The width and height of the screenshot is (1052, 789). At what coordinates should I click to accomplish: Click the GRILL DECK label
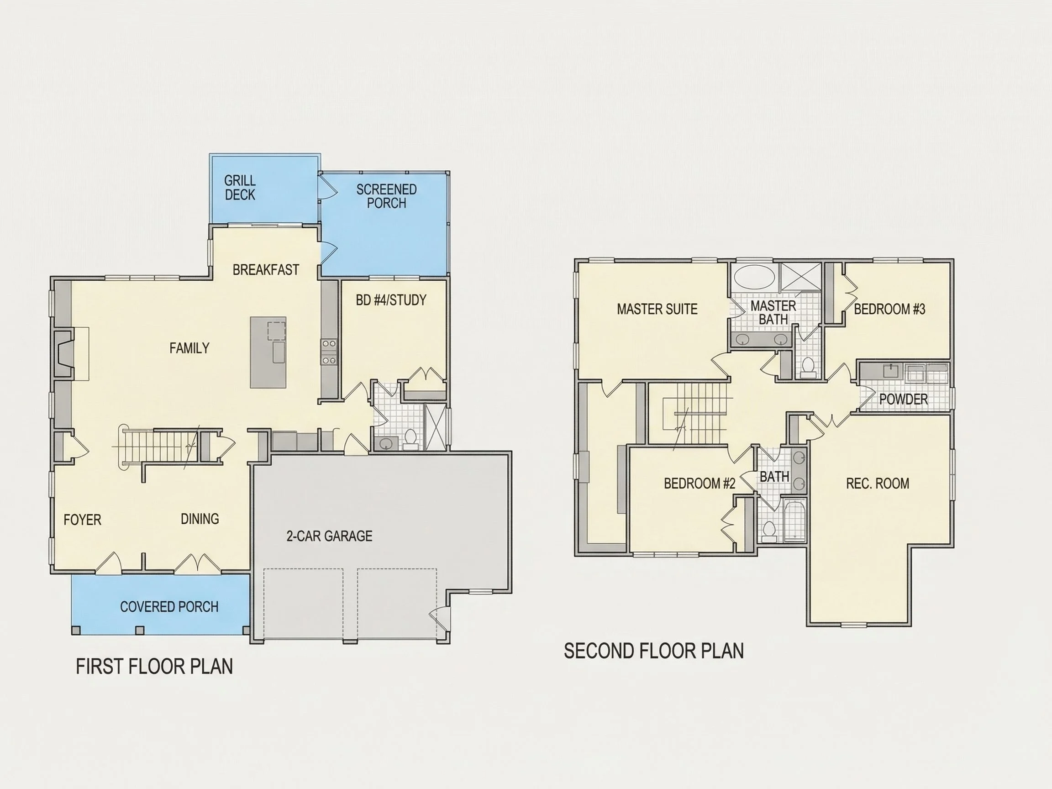[240, 187]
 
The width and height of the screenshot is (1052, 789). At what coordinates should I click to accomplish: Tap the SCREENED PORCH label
[386, 196]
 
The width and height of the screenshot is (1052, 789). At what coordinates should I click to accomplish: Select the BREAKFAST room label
[266, 270]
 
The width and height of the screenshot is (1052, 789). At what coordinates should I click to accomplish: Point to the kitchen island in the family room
[268, 352]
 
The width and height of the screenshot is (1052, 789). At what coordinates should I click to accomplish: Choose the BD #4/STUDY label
[391, 300]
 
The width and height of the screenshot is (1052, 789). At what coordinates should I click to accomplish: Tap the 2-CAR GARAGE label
[329, 536]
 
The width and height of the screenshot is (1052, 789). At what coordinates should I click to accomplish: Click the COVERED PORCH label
[169, 606]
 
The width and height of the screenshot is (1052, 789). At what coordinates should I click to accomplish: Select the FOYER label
[82, 519]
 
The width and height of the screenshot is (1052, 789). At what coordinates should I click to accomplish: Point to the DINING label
[200, 518]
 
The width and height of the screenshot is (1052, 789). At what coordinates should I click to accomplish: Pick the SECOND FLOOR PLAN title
[654, 651]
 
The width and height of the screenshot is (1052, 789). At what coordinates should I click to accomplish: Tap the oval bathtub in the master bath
[755, 277]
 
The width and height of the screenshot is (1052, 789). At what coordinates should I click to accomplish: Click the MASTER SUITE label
[657, 309]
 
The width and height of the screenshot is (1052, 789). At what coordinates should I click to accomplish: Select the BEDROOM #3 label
[890, 309]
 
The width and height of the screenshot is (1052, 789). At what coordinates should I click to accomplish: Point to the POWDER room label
[904, 399]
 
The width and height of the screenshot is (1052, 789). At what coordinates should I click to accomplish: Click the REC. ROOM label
[878, 484]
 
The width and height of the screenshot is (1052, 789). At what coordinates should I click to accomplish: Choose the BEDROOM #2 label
[700, 484]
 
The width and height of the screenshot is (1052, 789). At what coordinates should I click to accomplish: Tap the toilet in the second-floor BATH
[769, 531]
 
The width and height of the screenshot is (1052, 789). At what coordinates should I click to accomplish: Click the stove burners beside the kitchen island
[329, 352]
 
